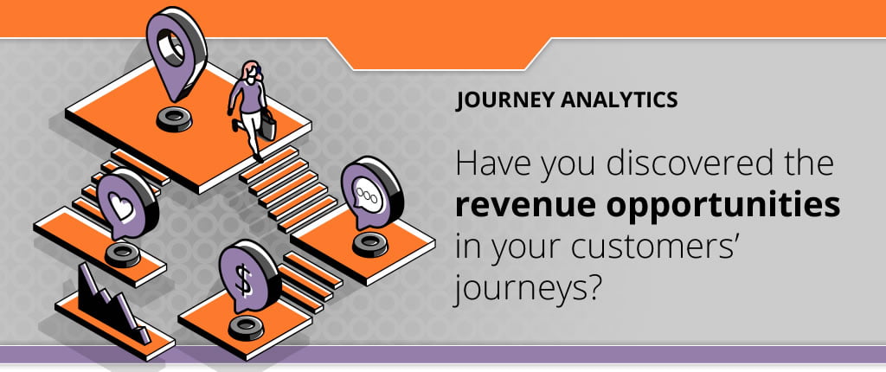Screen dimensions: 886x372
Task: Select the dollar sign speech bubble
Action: [x=247, y=277]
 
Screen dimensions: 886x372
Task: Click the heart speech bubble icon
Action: [x=125, y=204]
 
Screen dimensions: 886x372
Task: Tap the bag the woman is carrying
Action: [x=268, y=126]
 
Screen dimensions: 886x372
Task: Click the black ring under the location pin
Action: [x=174, y=120]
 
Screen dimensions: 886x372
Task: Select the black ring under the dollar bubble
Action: [x=247, y=328]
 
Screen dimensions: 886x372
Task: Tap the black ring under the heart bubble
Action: [x=123, y=255]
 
